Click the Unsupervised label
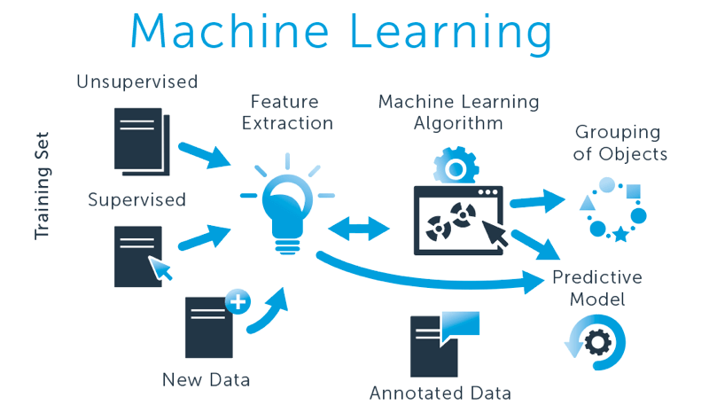(x=136, y=82)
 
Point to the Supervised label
(x=136, y=199)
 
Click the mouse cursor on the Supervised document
(x=160, y=268)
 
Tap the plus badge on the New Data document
(x=238, y=301)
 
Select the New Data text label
(x=206, y=380)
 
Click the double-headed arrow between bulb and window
(x=358, y=229)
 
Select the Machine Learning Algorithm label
(x=458, y=112)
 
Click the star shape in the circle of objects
(x=621, y=234)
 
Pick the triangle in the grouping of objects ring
(x=587, y=203)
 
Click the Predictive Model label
(x=596, y=288)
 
